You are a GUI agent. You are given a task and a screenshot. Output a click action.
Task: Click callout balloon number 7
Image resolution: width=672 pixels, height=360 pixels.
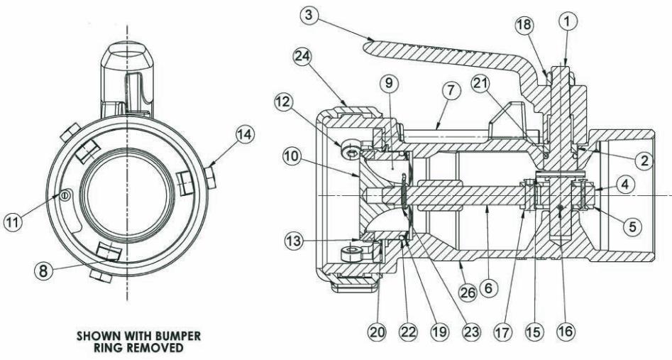coord(451,92)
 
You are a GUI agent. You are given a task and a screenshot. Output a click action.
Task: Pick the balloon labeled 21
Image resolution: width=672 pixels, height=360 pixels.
coord(480,84)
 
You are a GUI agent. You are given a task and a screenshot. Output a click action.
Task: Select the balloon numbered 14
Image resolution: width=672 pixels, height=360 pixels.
coord(244,135)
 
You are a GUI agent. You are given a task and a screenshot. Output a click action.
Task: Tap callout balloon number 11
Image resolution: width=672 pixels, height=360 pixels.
coord(13,222)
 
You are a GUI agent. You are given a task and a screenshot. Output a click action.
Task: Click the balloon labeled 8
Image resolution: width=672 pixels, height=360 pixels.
coord(43,271)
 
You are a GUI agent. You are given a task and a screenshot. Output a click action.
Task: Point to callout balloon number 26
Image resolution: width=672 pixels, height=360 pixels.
coord(468,293)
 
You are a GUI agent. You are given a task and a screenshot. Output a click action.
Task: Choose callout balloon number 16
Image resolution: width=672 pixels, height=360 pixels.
coord(564,332)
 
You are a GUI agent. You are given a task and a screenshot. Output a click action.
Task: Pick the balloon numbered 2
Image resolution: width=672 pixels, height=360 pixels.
coord(644,161)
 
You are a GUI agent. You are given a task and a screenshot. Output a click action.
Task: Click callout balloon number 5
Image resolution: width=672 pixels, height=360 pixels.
coord(632,226)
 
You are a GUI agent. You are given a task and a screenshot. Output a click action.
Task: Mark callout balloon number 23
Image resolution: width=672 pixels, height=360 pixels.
coord(470,332)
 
